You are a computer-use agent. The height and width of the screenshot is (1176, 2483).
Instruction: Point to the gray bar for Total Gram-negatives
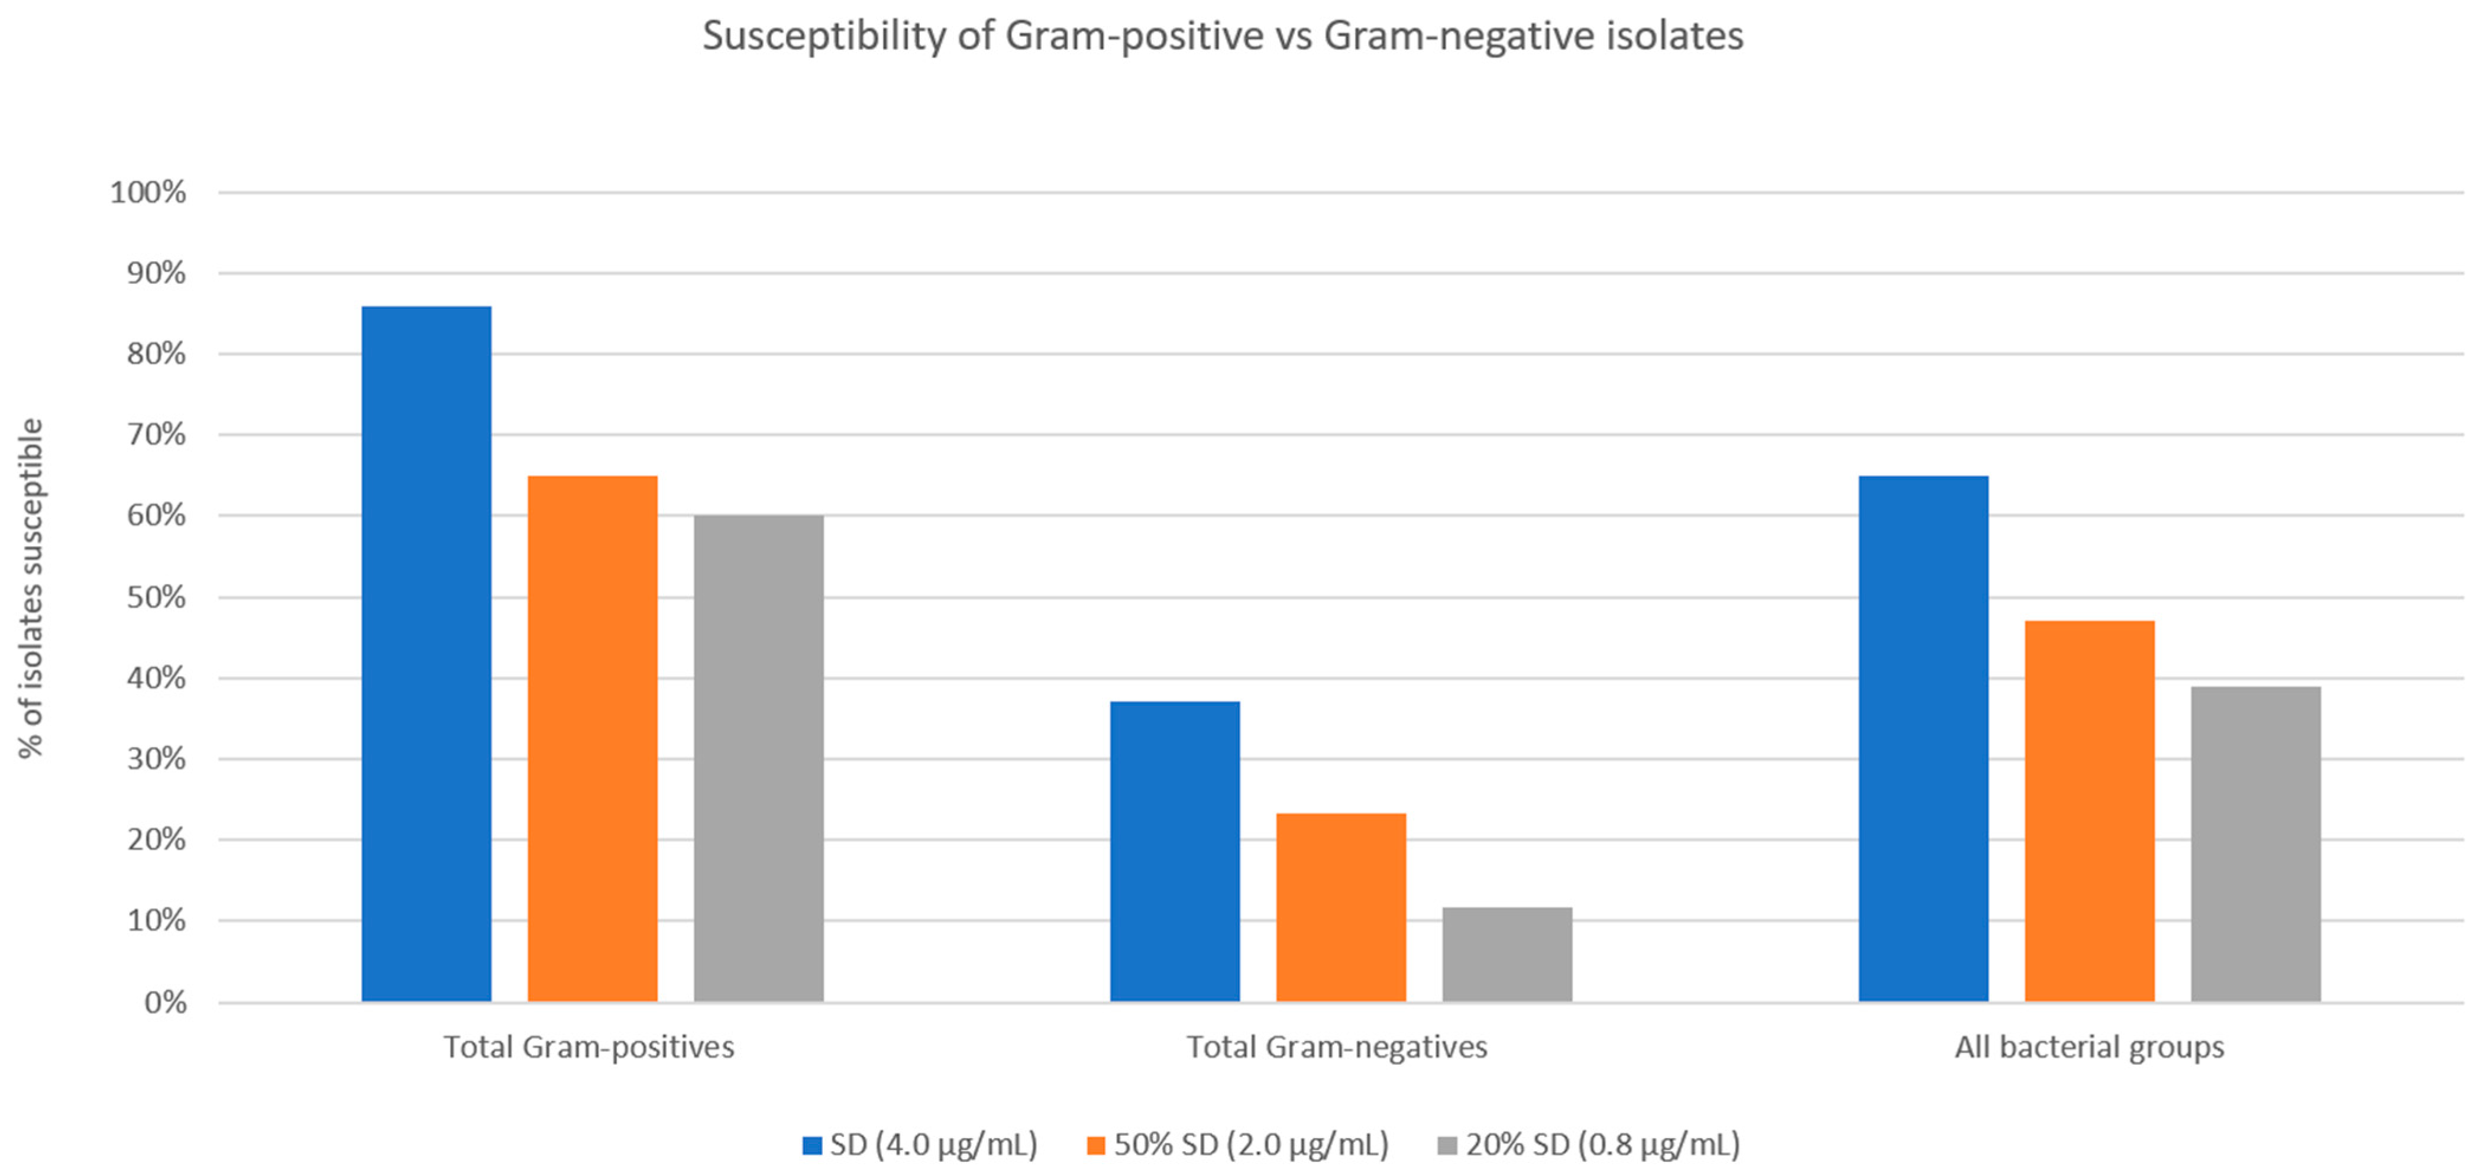(x=1506, y=954)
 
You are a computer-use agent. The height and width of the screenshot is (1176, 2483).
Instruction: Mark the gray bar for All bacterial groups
(x=2255, y=844)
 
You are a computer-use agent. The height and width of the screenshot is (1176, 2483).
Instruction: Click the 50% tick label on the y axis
(x=156, y=597)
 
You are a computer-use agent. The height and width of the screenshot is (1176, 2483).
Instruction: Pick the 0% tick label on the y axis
(x=165, y=1003)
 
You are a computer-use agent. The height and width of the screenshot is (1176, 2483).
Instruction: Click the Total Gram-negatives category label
(x=1337, y=1047)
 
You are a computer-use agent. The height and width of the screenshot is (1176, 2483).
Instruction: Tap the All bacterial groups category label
(x=2088, y=1047)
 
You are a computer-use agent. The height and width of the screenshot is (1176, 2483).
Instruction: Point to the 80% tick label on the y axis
(x=156, y=354)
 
